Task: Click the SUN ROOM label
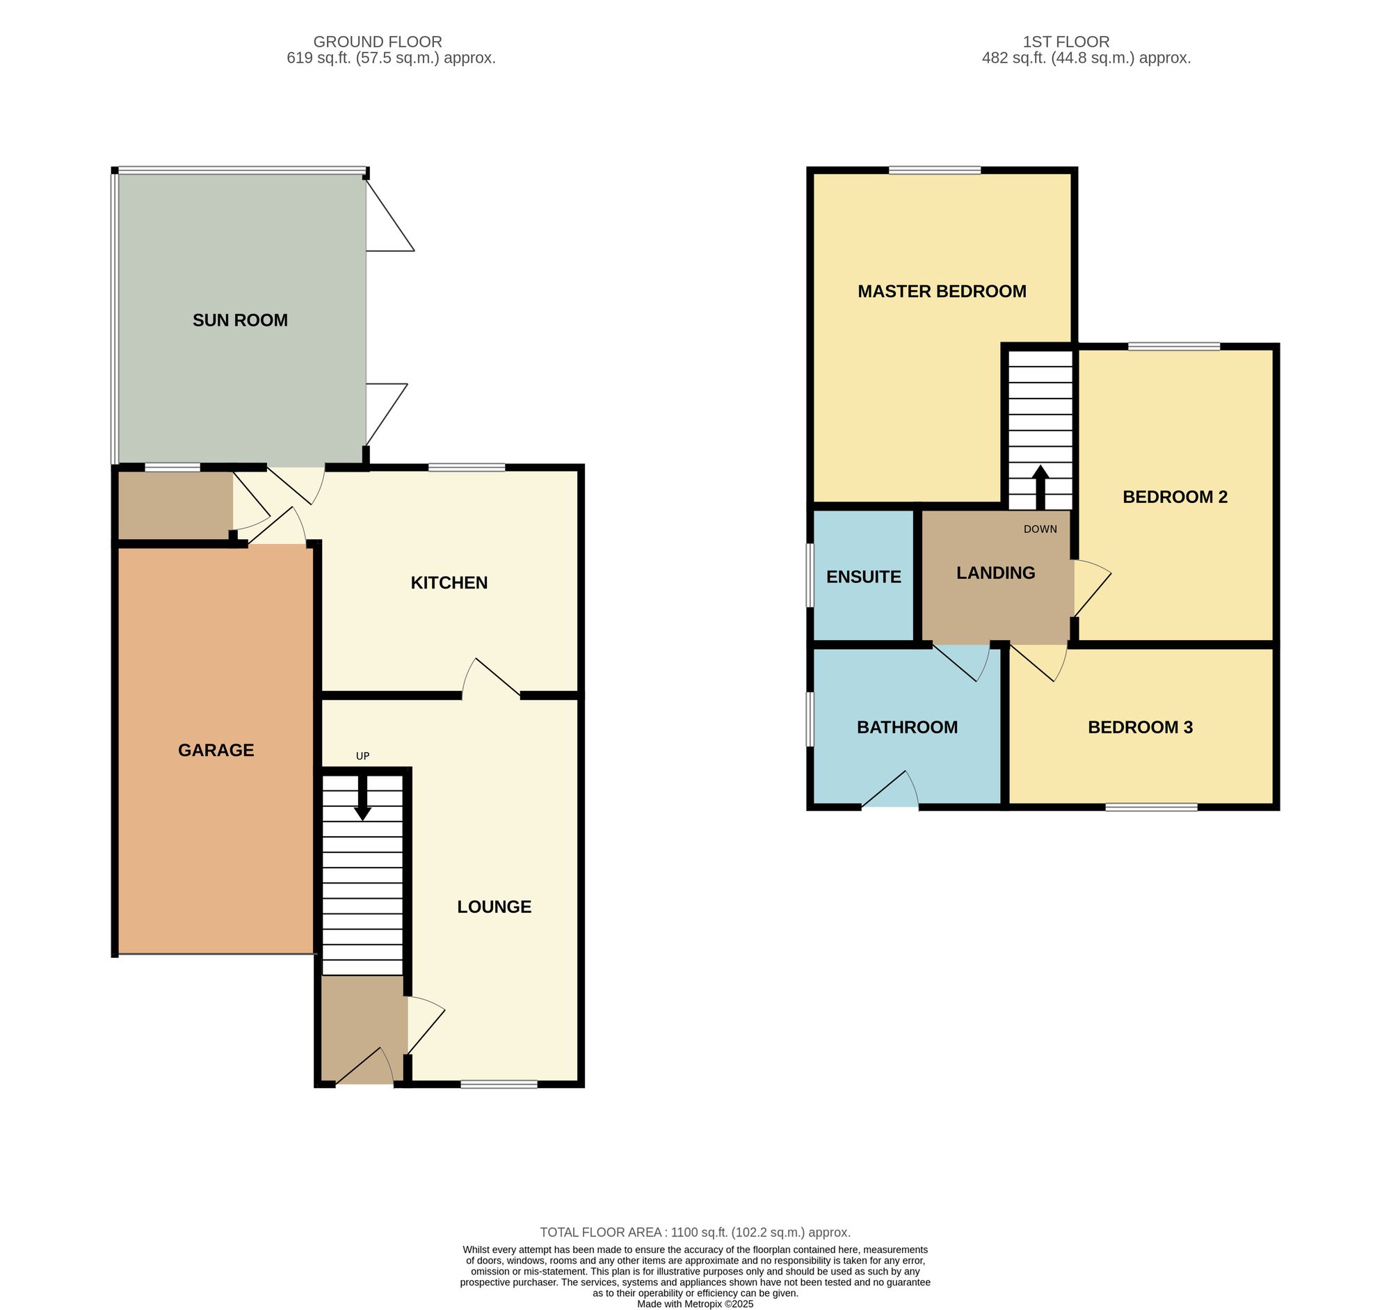(x=240, y=321)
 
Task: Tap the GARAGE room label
(x=216, y=750)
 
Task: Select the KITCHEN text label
(x=449, y=583)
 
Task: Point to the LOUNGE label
(x=494, y=907)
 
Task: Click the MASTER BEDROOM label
(x=942, y=291)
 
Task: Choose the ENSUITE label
(x=863, y=577)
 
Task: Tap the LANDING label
(x=996, y=573)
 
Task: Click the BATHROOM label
(x=908, y=727)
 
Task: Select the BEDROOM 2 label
(x=1175, y=497)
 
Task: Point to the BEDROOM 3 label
(x=1141, y=727)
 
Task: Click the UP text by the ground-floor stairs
(x=362, y=756)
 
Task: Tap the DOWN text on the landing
(x=1040, y=529)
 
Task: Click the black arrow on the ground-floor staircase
(x=362, y=797)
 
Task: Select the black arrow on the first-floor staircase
(x=1040, y=488)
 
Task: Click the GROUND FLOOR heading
(x=378, y=42)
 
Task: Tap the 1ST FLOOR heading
(x=1066, y=42)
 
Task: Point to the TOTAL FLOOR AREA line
(x=695, y=1232)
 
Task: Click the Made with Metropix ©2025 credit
(x=695, y=1304)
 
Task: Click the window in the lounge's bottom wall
(x=499, y=1085)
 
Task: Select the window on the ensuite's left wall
(x=810, y=576)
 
